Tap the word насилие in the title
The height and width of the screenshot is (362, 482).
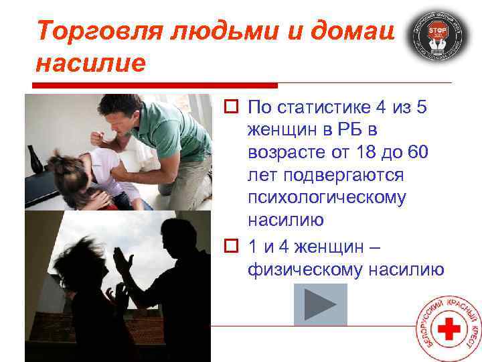tap(90, 64)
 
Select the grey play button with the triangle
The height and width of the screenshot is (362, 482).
tap(321, 305)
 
